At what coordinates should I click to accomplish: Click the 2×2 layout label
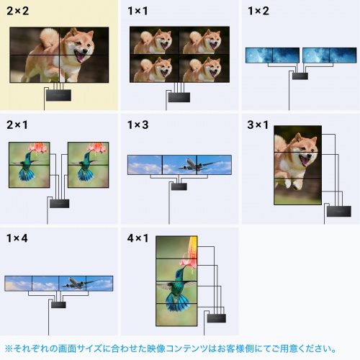click(x=19, y=12)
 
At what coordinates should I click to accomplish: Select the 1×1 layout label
click(x=138, y=12)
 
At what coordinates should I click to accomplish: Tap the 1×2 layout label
click(x=258, y=12)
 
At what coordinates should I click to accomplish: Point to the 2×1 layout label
click(x=19, y=125)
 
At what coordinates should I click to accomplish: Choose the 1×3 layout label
click(x=138, y=125)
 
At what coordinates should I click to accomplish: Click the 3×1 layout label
click(x=258, y=125)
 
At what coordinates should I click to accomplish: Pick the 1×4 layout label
click(x=19, y=238)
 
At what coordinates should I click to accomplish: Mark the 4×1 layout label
click(x=138, y=238)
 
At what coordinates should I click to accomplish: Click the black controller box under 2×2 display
click(x=58, y=94)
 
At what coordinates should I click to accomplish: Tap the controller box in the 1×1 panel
click(x=177, y=96)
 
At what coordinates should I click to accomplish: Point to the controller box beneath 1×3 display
click(x=178, y=186)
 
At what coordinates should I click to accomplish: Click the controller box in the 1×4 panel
click(x=58, y=305)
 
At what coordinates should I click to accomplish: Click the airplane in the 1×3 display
click(x=192, y=166)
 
